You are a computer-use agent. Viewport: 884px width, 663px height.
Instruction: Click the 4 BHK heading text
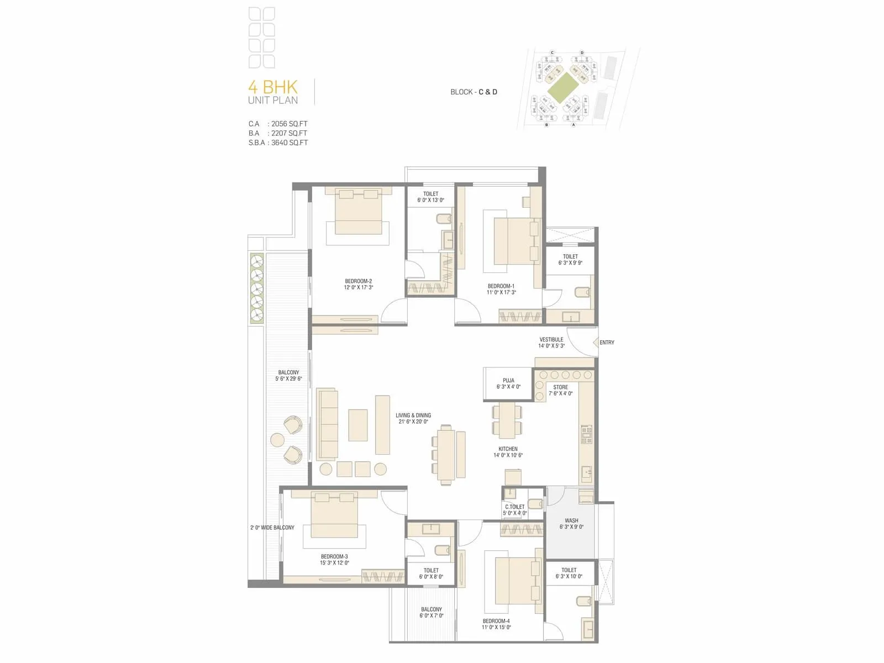point(273,87)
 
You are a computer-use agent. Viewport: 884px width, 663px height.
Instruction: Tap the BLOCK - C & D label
point(473,92)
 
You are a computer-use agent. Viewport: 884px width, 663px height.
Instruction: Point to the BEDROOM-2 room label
point(359,281)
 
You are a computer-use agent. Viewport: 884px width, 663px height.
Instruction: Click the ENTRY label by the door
point(607,343)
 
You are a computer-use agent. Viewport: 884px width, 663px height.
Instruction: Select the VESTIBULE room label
point(551,339)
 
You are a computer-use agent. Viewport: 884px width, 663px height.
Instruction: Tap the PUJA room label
point(508,380)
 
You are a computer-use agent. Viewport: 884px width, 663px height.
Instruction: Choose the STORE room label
point(560,387)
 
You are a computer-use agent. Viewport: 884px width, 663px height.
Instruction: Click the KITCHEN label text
point(508,449)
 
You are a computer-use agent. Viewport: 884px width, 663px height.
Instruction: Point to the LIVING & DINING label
point(413,415)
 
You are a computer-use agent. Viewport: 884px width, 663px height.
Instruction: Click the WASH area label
point(571,520)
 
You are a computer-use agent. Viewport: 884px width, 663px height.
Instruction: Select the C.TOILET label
point(515,507)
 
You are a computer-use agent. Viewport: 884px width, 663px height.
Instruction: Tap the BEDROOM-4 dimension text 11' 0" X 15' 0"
point(496,628)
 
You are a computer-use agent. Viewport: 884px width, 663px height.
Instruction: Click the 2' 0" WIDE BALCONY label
point(272,528)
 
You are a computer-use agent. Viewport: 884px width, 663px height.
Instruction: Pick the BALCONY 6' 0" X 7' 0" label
point(432,612)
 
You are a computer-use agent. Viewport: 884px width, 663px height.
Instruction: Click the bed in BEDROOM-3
point(335,515)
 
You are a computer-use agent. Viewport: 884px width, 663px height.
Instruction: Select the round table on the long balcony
point(277,440)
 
